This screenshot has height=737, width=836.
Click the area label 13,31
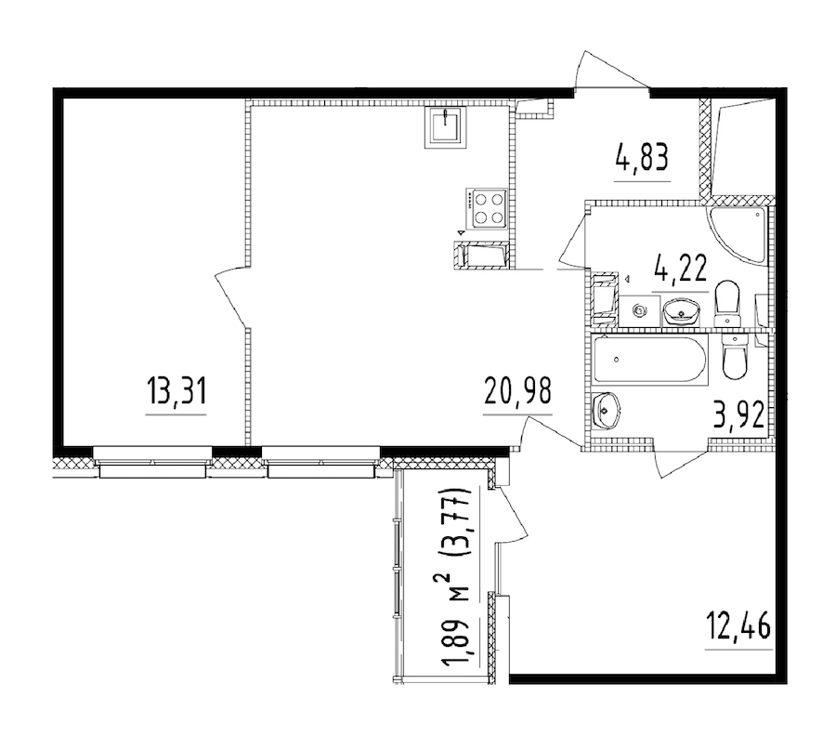tap(175, 395)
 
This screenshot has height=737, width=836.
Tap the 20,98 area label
tap(517, 395)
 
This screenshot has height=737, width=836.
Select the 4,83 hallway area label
tap(642, 159)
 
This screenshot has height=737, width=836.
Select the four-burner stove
tap(487, 208)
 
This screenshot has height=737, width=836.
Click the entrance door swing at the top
tap(608, 70)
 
